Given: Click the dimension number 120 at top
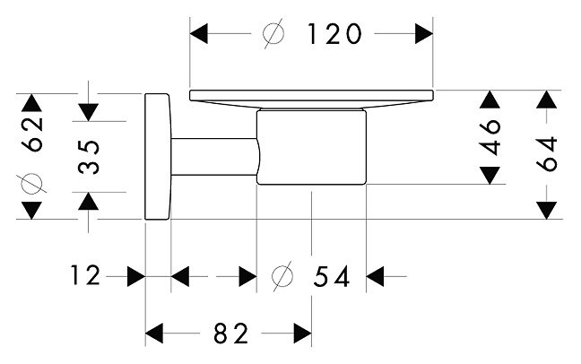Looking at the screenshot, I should point(334,34).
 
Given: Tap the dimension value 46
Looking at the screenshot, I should point(490,136).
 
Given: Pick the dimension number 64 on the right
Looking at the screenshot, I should point(548,153).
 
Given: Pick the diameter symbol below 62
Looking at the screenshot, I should point(32,183).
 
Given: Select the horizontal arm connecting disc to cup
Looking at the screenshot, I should point(213,158).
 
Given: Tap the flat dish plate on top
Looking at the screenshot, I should point(311,93).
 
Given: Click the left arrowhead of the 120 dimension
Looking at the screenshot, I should point(199,34).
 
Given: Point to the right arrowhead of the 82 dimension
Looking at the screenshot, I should point(301,334).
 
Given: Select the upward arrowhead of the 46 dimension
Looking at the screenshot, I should point(489,101).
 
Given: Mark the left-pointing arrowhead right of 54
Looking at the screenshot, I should point(375,277).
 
